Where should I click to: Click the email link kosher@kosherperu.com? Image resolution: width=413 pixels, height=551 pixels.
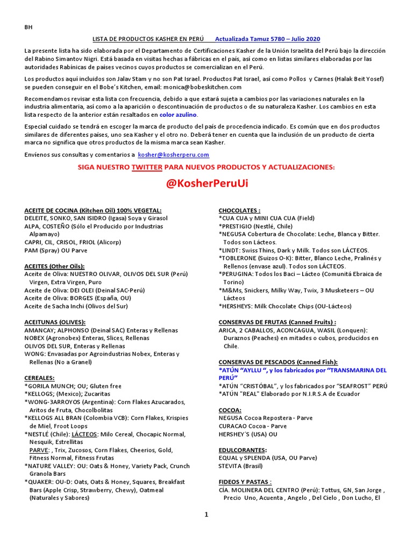pos(173,154)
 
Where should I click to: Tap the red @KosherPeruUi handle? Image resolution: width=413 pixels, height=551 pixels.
pos(208,183)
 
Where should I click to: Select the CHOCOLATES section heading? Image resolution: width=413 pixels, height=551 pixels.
pos(239,210)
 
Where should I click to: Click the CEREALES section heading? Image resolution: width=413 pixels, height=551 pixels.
pos(39,378)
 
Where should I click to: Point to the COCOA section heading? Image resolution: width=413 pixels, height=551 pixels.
pos(230,410)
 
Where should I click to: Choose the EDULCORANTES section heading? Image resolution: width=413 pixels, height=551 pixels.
pos(243,450)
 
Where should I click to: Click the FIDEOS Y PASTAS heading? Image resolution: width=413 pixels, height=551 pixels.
pos(245,482)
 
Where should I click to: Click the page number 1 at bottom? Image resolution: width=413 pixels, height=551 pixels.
pos(206,514)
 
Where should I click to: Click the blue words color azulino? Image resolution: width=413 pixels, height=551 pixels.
pos(179,115)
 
